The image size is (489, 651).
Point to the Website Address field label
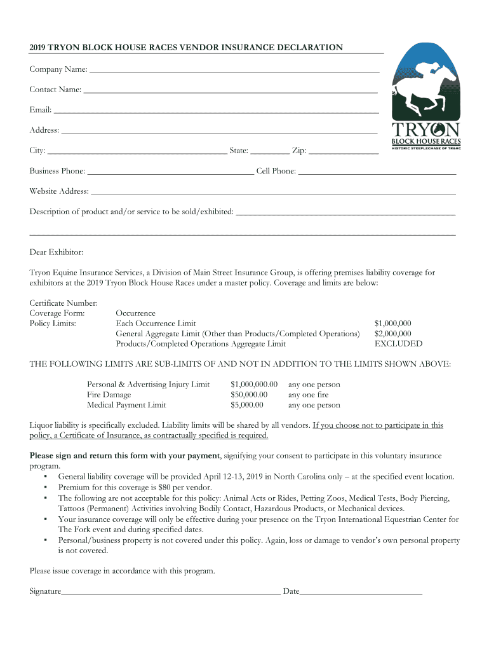click(x=59, y=191)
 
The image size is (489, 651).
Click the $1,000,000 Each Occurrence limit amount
click(x=392, y=324)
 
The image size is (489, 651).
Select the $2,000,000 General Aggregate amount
click(x=392, y=334)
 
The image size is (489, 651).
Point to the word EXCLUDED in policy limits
click(x=398, y=344)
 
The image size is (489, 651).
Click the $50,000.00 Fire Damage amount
click(x=249, y=395)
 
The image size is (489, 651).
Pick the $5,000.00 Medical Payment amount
click(x=246, y=405)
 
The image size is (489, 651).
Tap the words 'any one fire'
click(x=309, y=395)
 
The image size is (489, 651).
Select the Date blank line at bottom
click(x=361, y=593)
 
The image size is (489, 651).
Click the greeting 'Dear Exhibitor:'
click(x=57, y=252)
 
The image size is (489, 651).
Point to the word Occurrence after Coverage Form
click(x=135, y=313)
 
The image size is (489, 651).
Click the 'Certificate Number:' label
click(x=64, y=303)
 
